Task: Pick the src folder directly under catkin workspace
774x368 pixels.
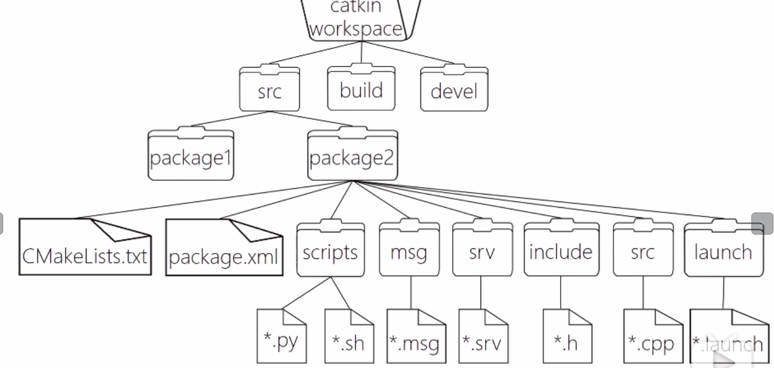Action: coord(269,91)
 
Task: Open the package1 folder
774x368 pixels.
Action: coord(191,157)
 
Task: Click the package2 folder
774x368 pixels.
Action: coord(352,157)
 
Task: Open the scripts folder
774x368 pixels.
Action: coord(330,251)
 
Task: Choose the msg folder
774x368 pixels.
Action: coord(409,251)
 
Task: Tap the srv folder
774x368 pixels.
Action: coord(482,251)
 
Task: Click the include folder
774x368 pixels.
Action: coord(561,251)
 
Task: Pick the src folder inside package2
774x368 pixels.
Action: coord(643,251)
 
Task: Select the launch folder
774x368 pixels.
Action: coord(723,251)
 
